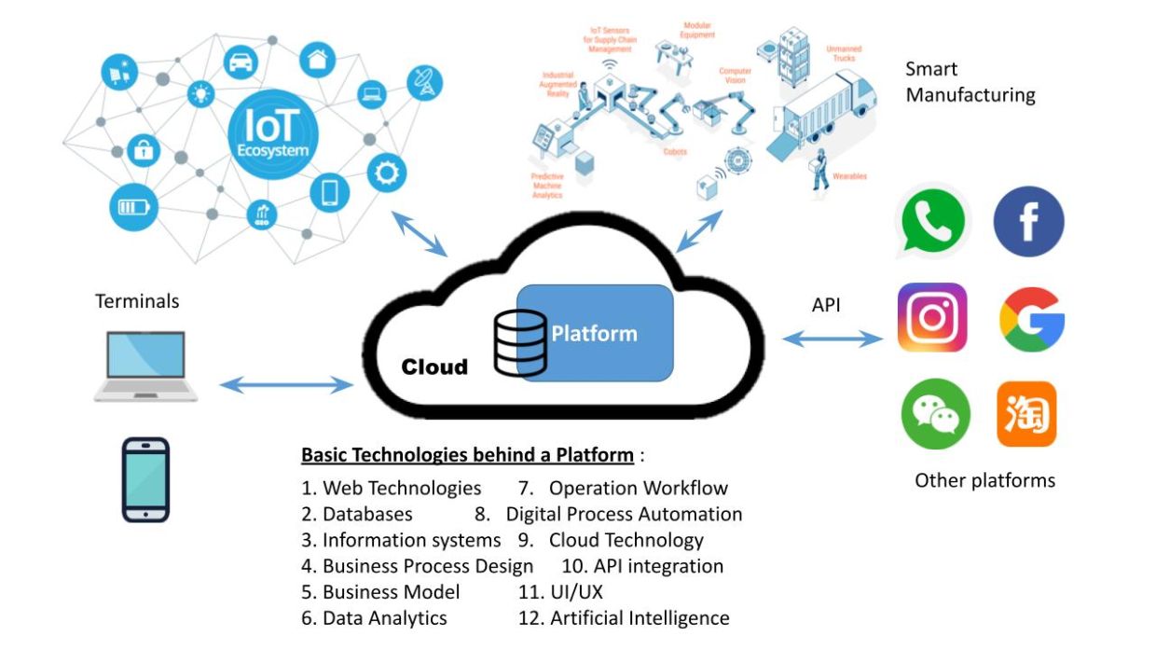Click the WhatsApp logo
(x=932, y=222)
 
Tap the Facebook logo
(x=1028, y=222)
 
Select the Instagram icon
(x=932, y=317)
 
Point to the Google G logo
(x=1032, y=319)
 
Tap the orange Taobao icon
(x=1026, y=414)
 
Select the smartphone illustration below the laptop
(x=145, y=479)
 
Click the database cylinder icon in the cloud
(x=520, y=342)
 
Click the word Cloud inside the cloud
(x=434, y=366)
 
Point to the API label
(x=826, y=305)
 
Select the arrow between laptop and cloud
(x=286, y=384)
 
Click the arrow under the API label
(x=833, y=339)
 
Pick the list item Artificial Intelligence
(x=639, y=617)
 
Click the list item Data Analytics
(x=384, y=617)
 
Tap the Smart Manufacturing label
(x=970, y=82)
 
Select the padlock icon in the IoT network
(x=143, y=149)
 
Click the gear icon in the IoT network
(x=386, y=173)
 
